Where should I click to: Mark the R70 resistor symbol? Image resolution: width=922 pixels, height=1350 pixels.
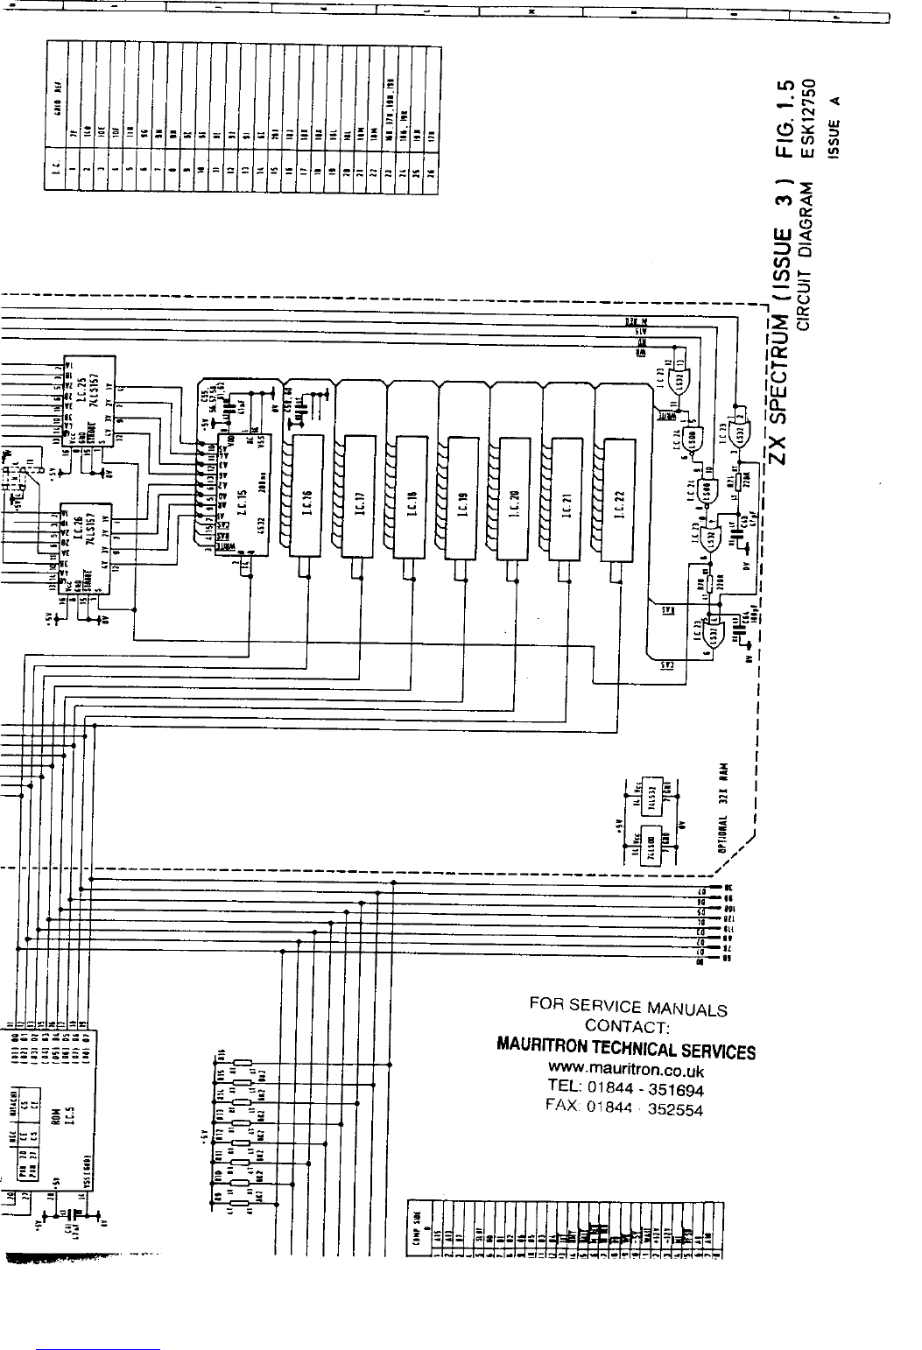[x=701, y=581]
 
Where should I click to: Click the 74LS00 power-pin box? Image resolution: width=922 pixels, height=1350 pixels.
[x=651, y=847]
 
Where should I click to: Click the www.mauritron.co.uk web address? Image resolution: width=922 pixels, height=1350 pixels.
[x=626, y=1070]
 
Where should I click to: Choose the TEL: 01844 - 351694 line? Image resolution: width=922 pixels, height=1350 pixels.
[x=626, y=1090]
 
